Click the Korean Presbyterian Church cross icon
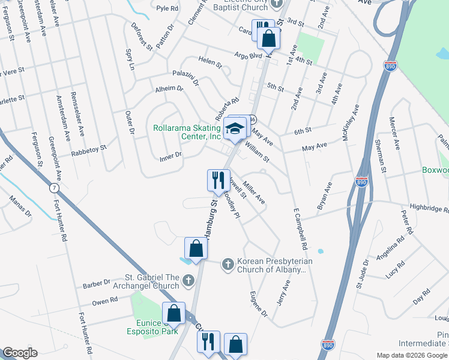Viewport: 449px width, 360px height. coord(228,263)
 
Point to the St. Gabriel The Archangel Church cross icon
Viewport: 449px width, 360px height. coord(188,280)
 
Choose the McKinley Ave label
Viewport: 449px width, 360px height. coord(350,124)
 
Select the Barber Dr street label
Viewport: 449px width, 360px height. coord(97,284)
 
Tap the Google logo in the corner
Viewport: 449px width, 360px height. coord(20,353)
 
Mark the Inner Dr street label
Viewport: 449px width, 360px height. coord(170,157)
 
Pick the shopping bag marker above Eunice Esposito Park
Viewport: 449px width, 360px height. coord(173,313)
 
